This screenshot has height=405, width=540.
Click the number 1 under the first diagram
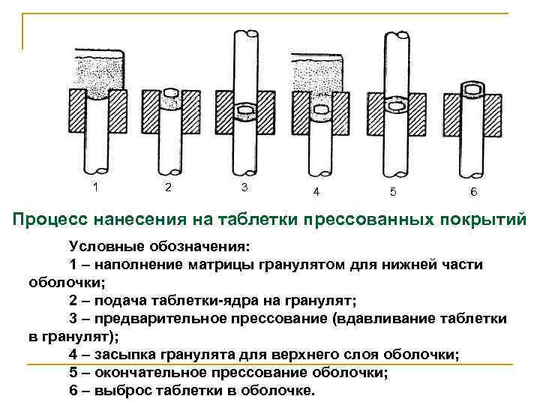click(x=94, y=185)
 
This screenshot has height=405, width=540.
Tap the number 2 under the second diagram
click(x=168, y=186)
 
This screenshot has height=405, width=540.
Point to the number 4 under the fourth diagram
click(x=316, y=191)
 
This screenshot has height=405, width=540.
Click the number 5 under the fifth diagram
click(x=393, y=191)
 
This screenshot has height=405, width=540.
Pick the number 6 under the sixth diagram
click(x=473, y=191)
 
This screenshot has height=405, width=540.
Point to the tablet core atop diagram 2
click(x=171, y=92)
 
